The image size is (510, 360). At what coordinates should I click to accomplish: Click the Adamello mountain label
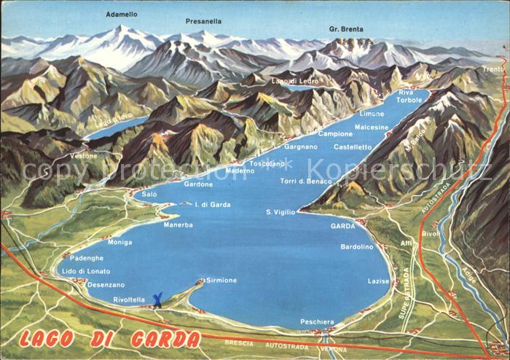[x=121, y=14]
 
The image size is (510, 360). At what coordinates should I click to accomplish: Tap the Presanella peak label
[x=204, y=21]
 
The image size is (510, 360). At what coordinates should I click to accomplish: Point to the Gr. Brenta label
[x=347, y=29]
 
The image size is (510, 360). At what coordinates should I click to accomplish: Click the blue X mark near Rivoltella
[x=157, y=299]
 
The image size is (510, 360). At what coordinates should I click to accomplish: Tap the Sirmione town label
[x=221, y=280]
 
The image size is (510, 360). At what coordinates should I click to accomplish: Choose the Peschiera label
[x=317, y=321]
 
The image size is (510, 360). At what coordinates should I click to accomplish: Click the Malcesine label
[x=372, y=127]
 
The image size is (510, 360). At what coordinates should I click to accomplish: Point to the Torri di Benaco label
[x=306, y=181]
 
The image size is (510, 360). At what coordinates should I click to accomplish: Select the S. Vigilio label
[x=281, y=211]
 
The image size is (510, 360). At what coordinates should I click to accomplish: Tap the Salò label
[x=149, y=195]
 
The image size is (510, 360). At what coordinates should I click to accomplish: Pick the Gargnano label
[x=301, y=146]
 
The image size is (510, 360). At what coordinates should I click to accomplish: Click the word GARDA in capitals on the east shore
[x=342, y=226]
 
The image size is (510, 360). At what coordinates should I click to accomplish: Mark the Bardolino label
[x=357, y=246]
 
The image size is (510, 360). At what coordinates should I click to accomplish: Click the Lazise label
[x=379, y=281]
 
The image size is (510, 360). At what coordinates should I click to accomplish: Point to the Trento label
[x=493, y=69]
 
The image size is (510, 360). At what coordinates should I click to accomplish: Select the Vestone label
[x=83, y=156]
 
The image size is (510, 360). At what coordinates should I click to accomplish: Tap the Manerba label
[x=178, y=224]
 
